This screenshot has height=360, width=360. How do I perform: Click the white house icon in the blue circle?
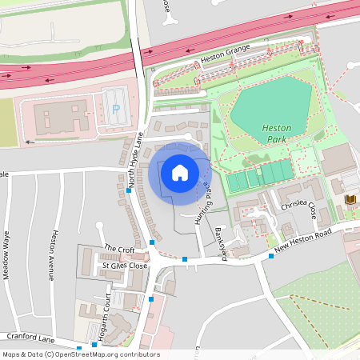pyautogui.click(x=179, y=172)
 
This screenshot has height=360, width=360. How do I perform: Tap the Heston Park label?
pyautogui.click(x=278, y=133)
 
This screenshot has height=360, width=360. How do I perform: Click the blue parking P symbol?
pyautogui.click(x=116, y=108)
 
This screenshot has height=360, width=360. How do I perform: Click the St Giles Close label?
pyautogui.click(x=124, y=265)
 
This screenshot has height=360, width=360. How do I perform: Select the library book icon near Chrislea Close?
pyautogui.click(x=350, y=199)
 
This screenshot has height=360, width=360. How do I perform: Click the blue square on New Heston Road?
pyautogui.click(x=271, y=256)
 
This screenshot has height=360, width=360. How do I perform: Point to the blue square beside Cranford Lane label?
pyautogui.click(x=79, y=347)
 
